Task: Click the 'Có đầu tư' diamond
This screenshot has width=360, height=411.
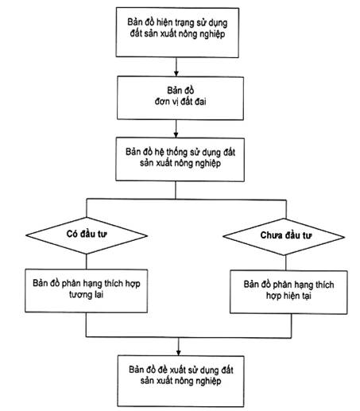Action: pyautogui.click(x=87, y=235)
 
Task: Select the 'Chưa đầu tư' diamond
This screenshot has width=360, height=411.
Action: pyautogui.click(x=284, y=237)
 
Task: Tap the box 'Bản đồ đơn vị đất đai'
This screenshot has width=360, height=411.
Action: pyautogui.click(x=180, y=98)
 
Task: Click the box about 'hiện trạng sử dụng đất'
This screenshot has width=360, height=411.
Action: pyautogui.click(x=177, y=33)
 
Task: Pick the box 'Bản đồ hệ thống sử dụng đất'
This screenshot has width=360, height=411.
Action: pyautogui.click(x=180, y=159)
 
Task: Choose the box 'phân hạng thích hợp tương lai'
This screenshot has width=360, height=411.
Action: pyautogui.click(x=86, y=291)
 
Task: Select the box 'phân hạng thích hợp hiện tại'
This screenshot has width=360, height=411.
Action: pyautogui.click(x=288, y=292)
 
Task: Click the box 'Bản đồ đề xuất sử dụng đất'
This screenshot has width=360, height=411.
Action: pyautogui.click(x=180, y=382)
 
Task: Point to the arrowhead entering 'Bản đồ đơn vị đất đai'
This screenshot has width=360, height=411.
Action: pyautogui.click(x=176, y=74)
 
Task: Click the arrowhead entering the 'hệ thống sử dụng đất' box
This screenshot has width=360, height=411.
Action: pyautogui.click(x=176, y=134)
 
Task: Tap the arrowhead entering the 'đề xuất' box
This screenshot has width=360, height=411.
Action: pyautogui.click(x=178, y=353)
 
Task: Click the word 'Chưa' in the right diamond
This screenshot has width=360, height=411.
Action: pyautogui.click(x=270, y=235)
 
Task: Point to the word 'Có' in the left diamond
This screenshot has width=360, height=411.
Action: pyautogui.click(x=72, y=234)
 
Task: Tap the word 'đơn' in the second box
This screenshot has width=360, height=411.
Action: pyautogui.click(x=162, y=102)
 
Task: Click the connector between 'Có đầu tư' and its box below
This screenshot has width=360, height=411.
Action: pyautogui.click(x=87, y=262)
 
